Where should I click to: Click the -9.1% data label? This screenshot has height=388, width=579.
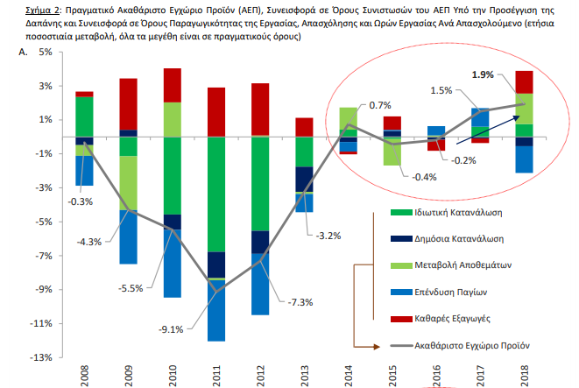click(x=171, y=329)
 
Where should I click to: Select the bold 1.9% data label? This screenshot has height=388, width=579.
click(x=483, y=75)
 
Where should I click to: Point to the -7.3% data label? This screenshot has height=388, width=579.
click(x=300, y=302)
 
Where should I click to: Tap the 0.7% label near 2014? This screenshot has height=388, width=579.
click(x=380, y=106)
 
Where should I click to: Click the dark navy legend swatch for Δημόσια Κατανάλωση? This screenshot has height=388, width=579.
click(x=401, y=239)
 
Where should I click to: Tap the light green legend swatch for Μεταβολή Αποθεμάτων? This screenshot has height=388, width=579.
click(x=401, y=265)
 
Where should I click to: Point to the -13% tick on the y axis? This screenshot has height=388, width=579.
click(x=41, y=357)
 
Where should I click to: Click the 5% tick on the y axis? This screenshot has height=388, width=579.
click(x=46, y=52)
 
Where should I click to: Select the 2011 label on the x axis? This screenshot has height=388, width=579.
click(x=216, y=376)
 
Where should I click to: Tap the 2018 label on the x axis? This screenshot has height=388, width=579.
click(x=524, y=376)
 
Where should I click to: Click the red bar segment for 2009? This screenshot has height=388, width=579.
click(x=129, y=104)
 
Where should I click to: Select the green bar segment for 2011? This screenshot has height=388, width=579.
click(x=216, y=194)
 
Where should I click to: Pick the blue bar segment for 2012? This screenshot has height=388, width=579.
click(x=260, y=285)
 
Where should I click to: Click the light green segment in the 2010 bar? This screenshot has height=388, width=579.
click(x=173, y=120)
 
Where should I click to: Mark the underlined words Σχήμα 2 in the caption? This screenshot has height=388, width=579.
click(x=42, y=11)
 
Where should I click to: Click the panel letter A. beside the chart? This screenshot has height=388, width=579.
click(x=23, y=52)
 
